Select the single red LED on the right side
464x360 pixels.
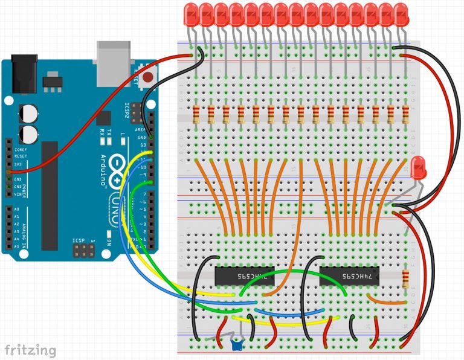click(417, 167)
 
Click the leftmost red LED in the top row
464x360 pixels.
click(192, 13)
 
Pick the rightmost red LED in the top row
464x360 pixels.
click(402, 13)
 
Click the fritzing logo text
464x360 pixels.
click(30, 350)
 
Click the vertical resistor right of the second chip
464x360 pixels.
click(407, 278)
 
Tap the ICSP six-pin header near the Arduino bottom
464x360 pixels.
click(83, 249)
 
